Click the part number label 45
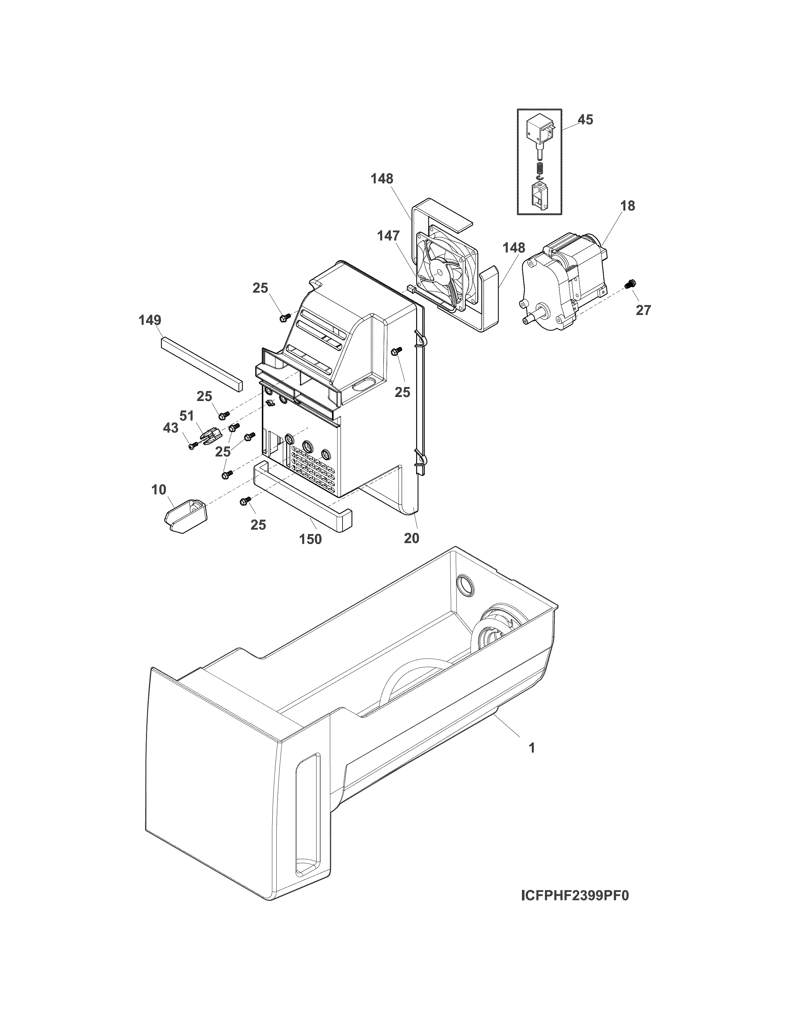[x=585, y=120]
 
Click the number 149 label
[x=149, y=321]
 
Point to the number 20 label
[x=411, y=538]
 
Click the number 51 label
[x=187, y=416]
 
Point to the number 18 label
[x=628, y=206]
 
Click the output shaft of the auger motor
[x=531, y=318]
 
